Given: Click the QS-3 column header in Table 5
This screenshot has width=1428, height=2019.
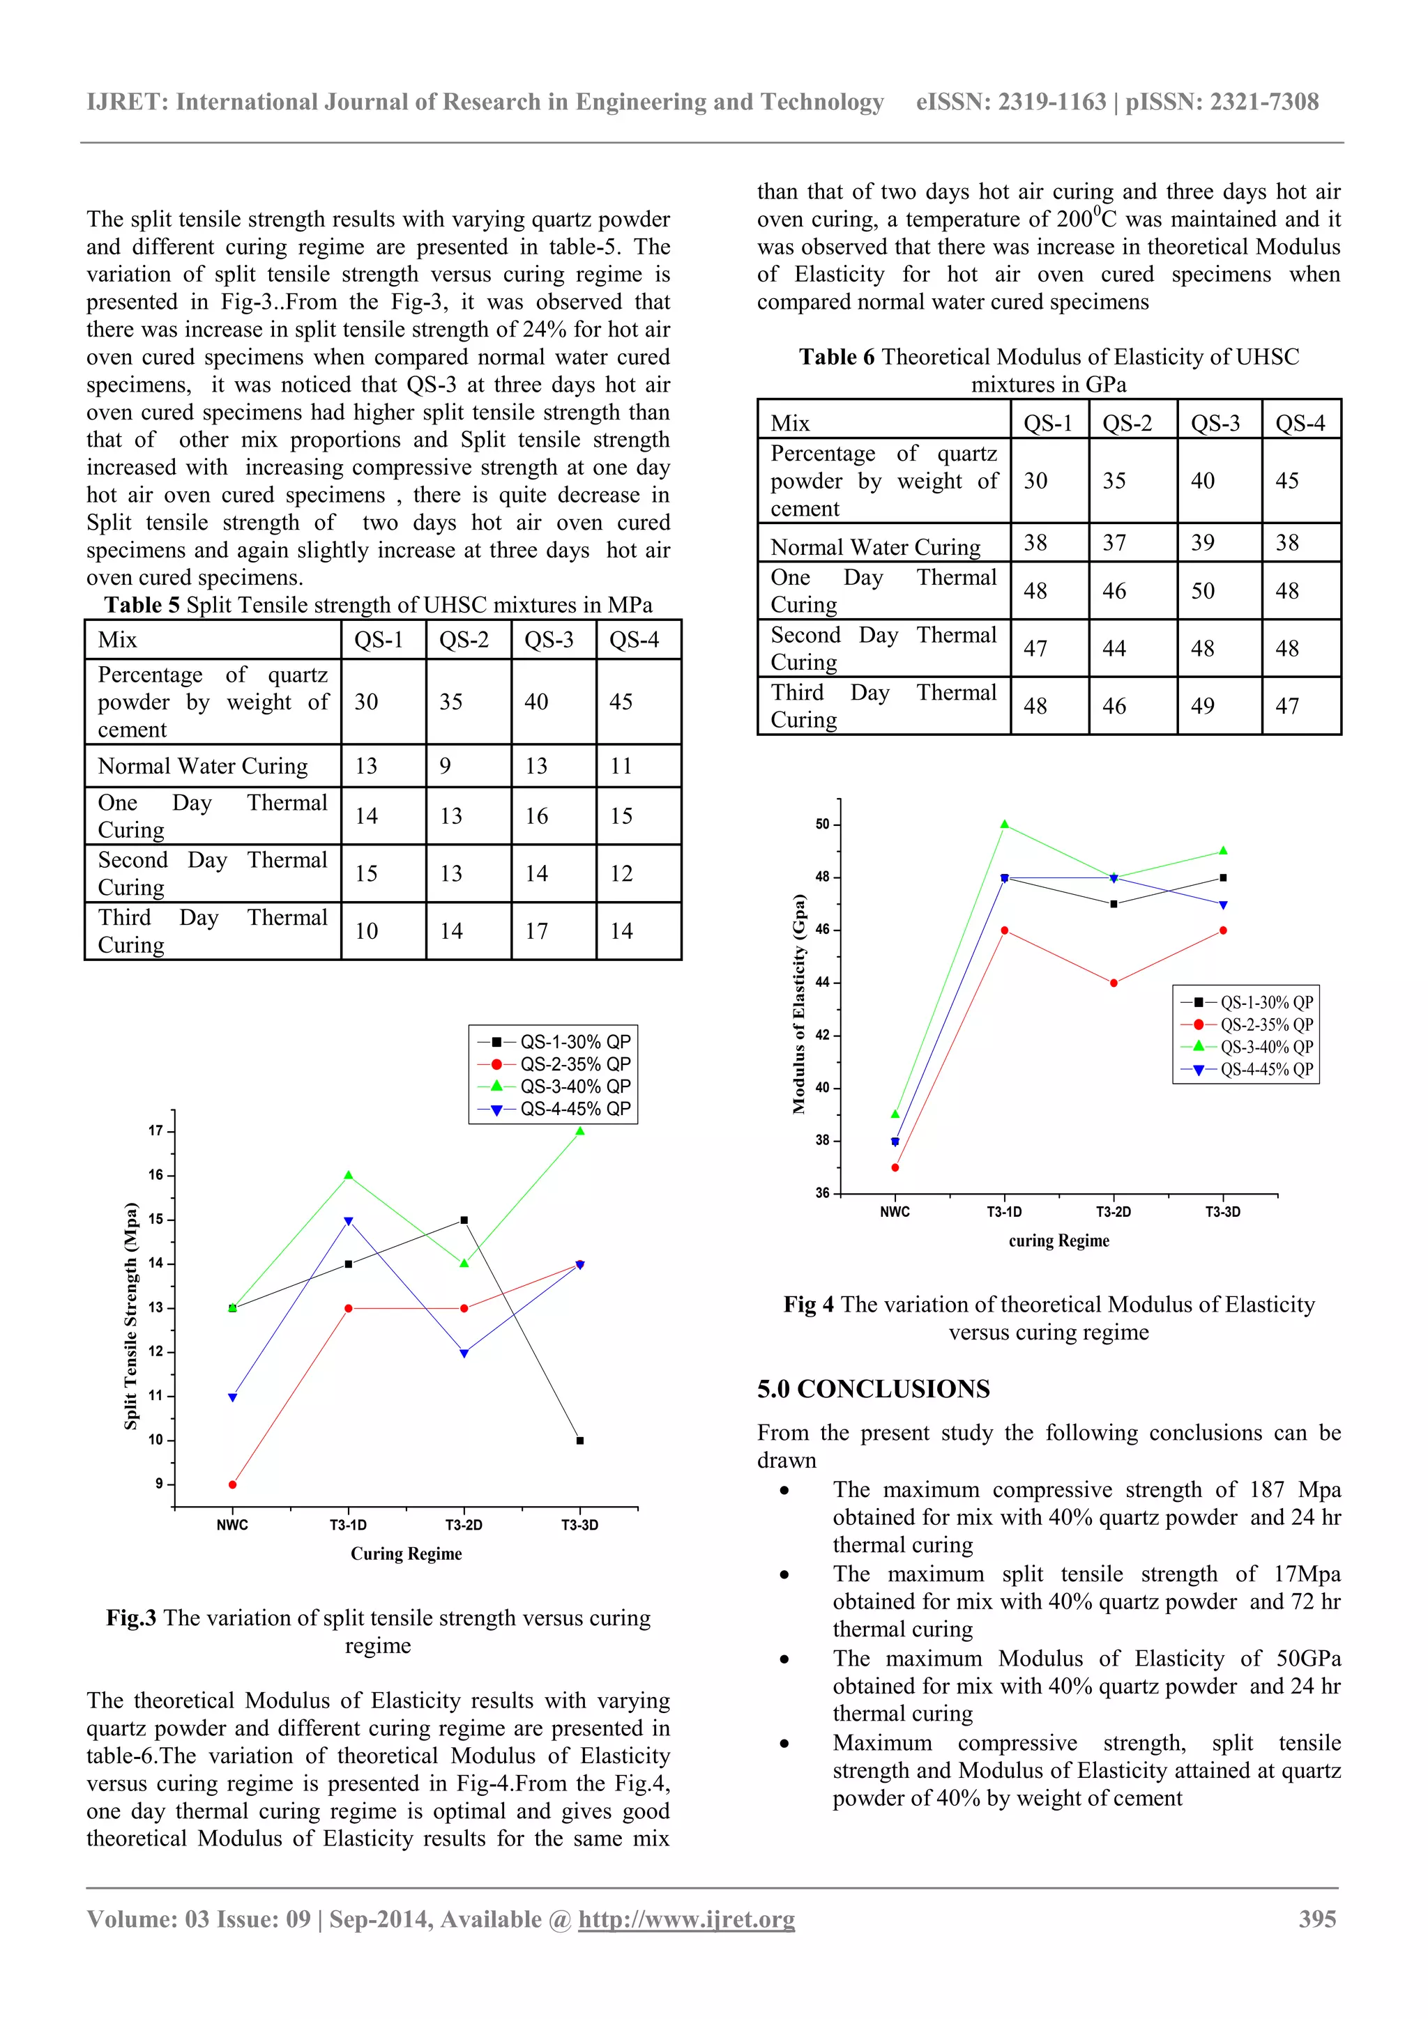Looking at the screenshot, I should click(x=548, y=640).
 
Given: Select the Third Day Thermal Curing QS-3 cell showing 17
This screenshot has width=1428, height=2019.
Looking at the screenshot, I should click(x=537, y=931).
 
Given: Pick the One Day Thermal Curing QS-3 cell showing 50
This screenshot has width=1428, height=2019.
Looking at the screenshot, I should click(x=1203, y=591).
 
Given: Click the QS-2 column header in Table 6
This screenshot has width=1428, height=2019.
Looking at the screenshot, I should click(x=1127, y=424).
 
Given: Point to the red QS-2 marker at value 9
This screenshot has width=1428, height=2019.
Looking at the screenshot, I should click(x=232, y=1484).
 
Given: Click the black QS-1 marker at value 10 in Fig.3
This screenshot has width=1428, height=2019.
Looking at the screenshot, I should click(x=580, y=1441).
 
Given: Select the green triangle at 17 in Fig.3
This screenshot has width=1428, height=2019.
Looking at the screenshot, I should click(x=580, y=1131).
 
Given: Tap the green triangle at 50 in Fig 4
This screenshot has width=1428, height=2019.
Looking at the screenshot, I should click(x=1004, y=824).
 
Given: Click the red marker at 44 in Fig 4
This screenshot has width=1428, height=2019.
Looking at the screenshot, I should click(x=1114, y=983).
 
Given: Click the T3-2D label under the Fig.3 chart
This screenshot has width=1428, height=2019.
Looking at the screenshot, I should click(x=464, y=1525).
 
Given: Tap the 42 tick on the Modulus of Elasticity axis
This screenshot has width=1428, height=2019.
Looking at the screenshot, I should click(x=822, y=1035).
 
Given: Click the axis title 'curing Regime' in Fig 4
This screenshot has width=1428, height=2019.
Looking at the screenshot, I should click(x=1058, y=1241).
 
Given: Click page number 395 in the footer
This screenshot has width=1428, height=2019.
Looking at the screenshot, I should click(x=1317, y=1919).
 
